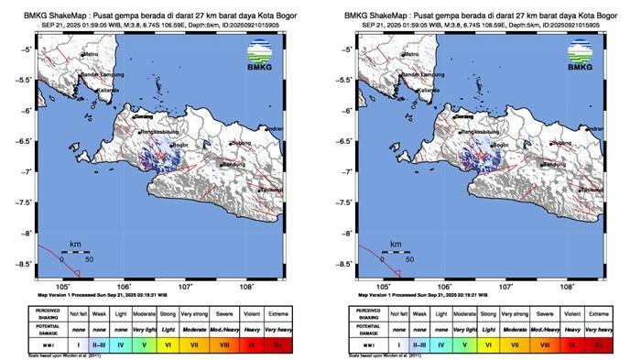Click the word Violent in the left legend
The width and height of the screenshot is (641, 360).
click(x=253, y=311)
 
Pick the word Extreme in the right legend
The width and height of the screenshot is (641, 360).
click(x=599, y=311)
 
